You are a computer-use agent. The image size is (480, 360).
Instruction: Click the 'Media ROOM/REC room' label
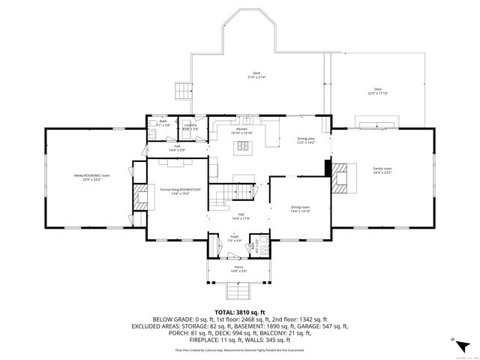click(92, 177)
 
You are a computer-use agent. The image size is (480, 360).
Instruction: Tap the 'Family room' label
click(382, 170)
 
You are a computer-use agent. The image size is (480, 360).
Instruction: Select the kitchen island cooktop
click(242, 148)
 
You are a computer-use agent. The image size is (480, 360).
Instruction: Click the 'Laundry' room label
click(190, 127)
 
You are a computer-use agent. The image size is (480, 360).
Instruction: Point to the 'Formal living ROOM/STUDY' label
click(181, 191)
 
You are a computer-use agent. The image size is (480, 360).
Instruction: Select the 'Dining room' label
click(300, 208)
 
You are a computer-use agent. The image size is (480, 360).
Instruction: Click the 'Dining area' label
click(306, 139)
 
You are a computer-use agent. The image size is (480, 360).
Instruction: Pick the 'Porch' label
click(238, 268)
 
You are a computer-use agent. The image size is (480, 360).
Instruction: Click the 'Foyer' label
click(234, 237)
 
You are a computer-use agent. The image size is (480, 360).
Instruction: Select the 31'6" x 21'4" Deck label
click(256, 75)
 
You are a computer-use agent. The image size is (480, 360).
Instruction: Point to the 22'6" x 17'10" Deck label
click(378, 91)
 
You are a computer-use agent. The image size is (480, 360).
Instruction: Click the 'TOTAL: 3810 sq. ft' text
click(240, 311)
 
